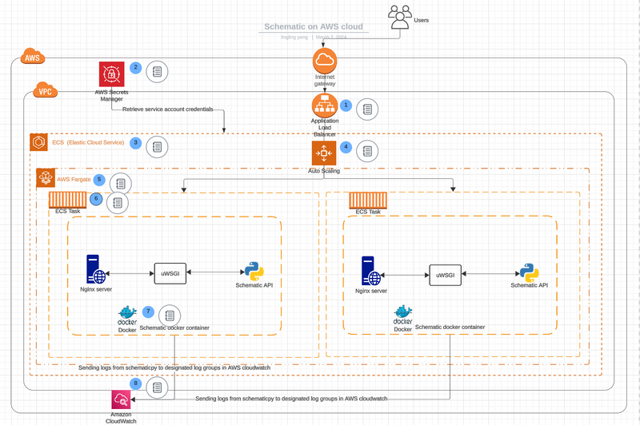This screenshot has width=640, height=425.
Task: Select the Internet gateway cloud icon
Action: (325, 60)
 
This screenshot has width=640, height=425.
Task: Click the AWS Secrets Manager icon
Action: (111, 74)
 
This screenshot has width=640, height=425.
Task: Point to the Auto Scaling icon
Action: (324, 153)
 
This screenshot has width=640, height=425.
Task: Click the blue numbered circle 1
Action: (346, 105)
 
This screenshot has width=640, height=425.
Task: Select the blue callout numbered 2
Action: (136, 68)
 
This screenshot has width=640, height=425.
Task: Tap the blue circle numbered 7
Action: (148, 311)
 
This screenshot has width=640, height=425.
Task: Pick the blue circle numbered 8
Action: (136, 383)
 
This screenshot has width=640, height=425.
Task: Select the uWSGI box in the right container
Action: (446, 274)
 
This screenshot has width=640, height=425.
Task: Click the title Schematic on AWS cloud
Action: (313, 27)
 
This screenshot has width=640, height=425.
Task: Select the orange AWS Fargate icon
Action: (45, 178)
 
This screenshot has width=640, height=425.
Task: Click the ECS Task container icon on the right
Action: (368, 201)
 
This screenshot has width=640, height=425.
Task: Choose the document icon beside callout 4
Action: (367, 150)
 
